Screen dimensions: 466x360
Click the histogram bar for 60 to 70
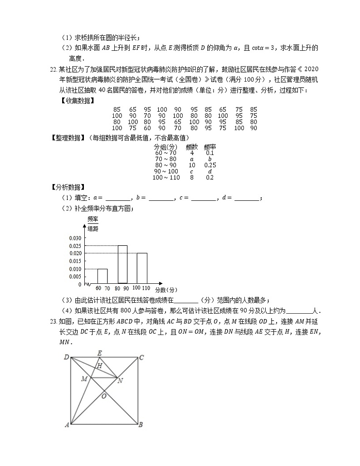point(102,276)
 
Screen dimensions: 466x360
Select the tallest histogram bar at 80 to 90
point(122,264)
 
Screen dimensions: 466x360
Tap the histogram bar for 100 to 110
point(142,268)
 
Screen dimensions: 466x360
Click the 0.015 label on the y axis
point(75,261)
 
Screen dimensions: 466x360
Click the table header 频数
point(192,147)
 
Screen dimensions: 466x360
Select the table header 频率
point(210,147)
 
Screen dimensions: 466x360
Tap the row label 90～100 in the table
point(165,171)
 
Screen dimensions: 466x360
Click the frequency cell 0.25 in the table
point(210,165)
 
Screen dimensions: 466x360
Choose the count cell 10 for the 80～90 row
point(192,165)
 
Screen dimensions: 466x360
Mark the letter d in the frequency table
point(210,171)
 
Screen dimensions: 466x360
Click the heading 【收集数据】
point(77,100)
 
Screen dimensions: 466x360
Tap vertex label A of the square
point(67,425)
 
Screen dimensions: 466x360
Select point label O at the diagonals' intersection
point(104,396)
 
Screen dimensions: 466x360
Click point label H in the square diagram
point(99,365)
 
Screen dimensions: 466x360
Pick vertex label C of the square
point(141,358)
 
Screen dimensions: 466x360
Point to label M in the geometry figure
point(84,378)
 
